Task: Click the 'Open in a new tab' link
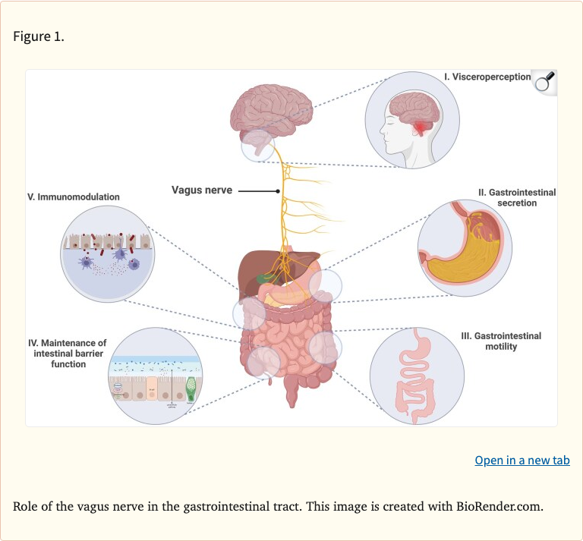point(522,461)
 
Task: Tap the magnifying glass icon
point(544,82)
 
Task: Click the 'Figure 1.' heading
point(39,36)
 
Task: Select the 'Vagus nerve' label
point(201,190)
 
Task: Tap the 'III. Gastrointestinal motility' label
point(501,341)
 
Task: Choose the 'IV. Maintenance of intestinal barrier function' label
point(60,354)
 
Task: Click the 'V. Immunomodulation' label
point(74,197)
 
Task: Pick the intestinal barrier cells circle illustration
point(155,375)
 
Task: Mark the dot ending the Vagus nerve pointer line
point(279,191)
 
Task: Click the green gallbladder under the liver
point(263,278)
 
